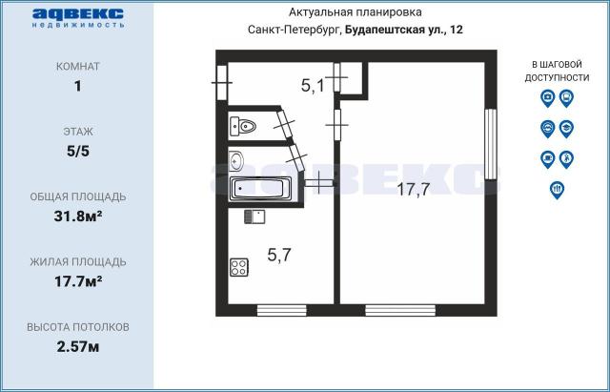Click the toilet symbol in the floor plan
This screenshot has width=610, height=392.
[x=244, y=125]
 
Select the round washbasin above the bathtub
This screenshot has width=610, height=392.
[x=238, y=159]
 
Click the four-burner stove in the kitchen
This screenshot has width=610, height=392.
[x=239, y=268]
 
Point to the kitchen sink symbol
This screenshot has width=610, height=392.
[x=253, y=217]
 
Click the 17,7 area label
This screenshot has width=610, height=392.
[x=413, y=189]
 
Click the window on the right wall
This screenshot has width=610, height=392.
[x=491, y=144]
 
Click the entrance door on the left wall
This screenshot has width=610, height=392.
[x=221, y=82]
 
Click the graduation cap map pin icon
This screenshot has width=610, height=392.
[x=566, y=128]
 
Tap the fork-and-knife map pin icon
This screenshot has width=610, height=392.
[x=557, y=189]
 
